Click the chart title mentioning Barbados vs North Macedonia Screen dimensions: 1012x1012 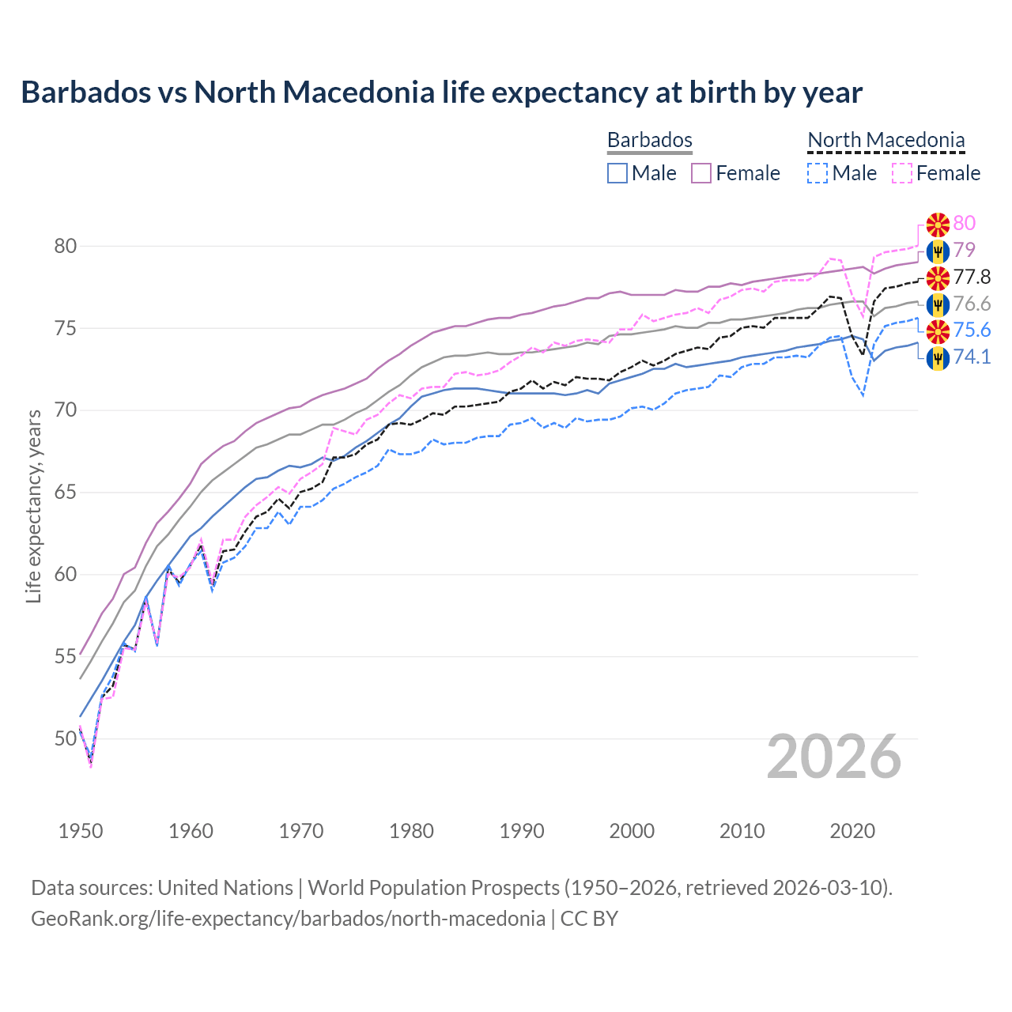pos(441,93)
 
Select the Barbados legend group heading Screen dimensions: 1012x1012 pos(650,140)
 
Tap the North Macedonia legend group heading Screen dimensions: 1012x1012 pos(886,140)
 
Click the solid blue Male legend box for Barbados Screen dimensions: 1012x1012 pos(617,173)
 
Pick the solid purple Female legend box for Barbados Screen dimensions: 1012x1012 pos(702,173)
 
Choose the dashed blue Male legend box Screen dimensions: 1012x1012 pos(818,173)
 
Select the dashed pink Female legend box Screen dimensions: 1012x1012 pos(902,173)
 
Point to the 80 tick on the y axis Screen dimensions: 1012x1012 pos(66,246)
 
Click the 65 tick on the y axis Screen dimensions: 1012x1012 pos(66,493)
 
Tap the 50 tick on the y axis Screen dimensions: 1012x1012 pos(66,738)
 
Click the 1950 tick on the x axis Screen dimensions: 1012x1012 pos(81,831)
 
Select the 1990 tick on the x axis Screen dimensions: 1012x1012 pos(522,831)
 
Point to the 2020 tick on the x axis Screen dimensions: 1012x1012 pos(852,831)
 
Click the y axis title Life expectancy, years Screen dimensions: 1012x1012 pos(33,506)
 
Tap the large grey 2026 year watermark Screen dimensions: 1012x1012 pos(834,757)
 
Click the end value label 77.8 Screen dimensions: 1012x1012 pos(972,277)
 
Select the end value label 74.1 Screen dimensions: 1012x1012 pos(972,357)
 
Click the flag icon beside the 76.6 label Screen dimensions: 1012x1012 pos(938,304)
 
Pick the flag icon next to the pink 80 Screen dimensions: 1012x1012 pos(938,224)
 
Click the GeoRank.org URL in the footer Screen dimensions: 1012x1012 pos(288,918)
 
